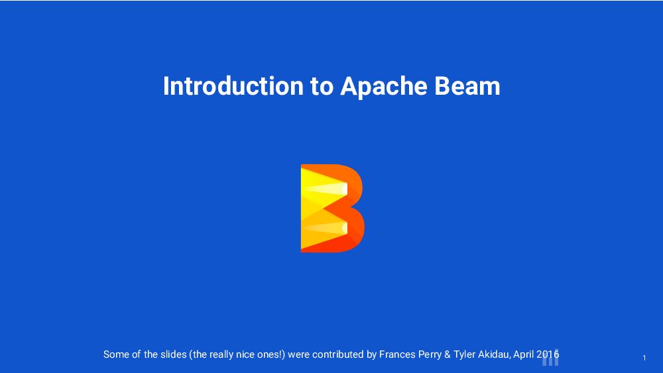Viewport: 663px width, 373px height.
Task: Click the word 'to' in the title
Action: (x=322, y=87)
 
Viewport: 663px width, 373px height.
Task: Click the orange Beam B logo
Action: (x=332, y=208)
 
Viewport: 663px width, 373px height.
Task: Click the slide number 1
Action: (x=644, y=358)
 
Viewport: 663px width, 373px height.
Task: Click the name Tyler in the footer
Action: (x=467, y=354)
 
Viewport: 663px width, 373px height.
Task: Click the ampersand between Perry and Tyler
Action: (x=449, y=354)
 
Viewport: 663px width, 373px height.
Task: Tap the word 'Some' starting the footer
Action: (x=116, y=354)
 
